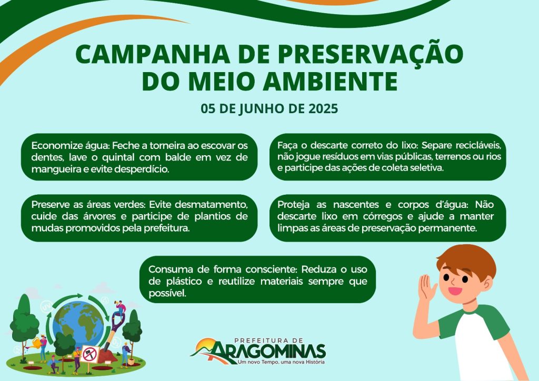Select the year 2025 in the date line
324,108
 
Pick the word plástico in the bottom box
183,282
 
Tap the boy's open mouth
455,290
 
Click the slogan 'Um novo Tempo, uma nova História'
281,362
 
